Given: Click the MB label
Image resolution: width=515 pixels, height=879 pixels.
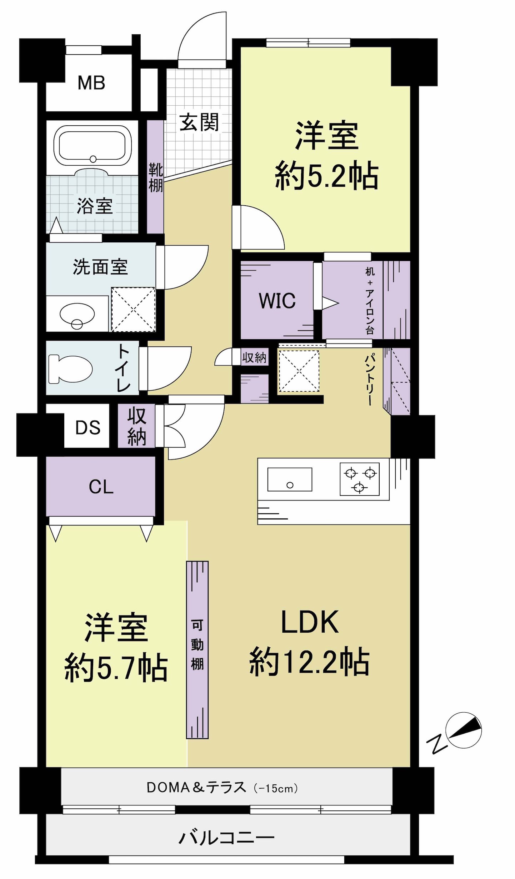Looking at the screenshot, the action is point(91,83).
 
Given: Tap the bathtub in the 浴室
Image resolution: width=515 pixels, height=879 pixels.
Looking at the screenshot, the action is point(92,146).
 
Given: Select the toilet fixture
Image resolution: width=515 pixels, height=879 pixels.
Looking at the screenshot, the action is point(70,369).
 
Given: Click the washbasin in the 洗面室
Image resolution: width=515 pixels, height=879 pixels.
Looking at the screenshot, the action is point(77,314).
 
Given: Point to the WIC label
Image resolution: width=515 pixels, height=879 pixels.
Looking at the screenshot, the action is point(277,301).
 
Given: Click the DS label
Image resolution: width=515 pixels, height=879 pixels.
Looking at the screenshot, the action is point(88,427).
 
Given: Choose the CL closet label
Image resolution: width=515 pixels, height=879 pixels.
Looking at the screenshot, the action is point(101,487).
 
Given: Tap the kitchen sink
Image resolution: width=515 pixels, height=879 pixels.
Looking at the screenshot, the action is point(290,479).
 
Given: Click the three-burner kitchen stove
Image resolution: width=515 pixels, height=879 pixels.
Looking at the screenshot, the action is point(360,479).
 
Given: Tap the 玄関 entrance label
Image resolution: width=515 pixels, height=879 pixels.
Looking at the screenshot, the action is point(199,122).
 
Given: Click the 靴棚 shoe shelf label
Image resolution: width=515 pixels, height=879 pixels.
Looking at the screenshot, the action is point(156,177).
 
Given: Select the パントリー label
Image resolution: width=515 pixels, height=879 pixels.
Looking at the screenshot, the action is point(370,380).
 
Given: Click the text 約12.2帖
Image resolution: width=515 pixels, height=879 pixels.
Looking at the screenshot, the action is point(309,661).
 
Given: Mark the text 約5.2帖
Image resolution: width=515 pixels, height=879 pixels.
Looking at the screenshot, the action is point(326,175).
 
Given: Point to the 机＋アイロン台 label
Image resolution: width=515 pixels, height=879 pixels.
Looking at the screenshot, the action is point(370,301).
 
